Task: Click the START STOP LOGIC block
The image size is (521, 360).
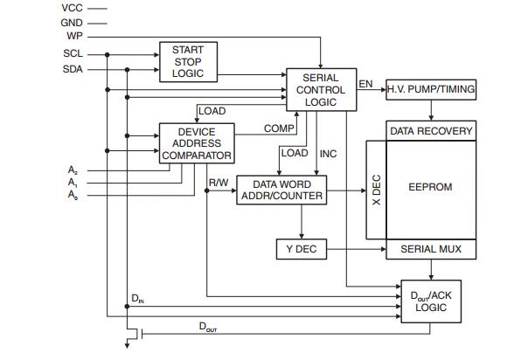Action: (187, 62)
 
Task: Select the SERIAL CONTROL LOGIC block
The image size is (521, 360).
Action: (321, 90)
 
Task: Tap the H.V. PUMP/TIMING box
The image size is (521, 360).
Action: (432, 90)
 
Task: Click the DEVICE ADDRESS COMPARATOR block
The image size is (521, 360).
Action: (197, 143)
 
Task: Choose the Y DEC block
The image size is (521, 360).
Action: (300, 249)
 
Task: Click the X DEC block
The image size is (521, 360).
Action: (376, 189)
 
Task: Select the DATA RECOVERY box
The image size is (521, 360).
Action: (431, 131)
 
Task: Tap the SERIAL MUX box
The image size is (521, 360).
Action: (431, 249)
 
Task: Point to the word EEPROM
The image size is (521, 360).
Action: (431, 187)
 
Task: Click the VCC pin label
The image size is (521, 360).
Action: (73, 8)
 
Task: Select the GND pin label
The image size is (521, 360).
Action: (73, 22)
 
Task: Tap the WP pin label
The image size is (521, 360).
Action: (74, 36)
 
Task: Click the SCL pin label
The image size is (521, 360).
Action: (73, 54)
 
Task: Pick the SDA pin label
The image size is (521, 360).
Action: (73, 69)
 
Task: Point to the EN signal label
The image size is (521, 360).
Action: (365, 84)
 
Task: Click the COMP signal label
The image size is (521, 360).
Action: (279, 128)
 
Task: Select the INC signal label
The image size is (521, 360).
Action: (329, 154)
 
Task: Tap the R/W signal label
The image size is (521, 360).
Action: (219, 183)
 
